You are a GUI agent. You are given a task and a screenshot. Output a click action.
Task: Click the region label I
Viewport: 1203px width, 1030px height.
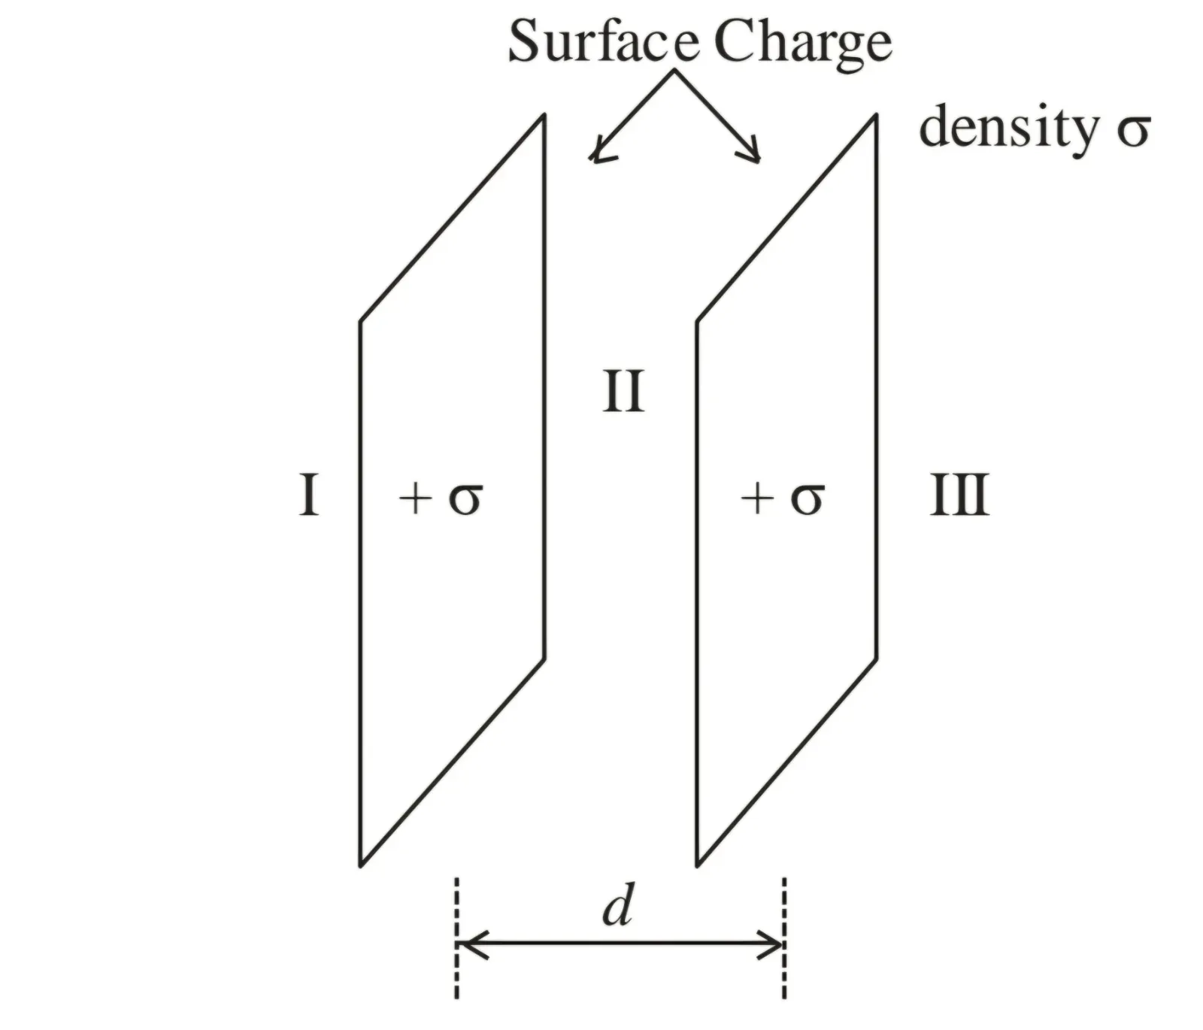(x=308, y=495)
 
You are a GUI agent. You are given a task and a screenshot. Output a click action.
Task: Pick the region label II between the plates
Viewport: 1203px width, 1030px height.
(x=623, y=392)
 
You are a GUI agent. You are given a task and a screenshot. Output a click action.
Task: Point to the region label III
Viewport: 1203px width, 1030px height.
(x=959, y=495)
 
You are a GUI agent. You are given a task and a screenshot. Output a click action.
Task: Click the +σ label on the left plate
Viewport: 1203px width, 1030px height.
(x=441, y=498)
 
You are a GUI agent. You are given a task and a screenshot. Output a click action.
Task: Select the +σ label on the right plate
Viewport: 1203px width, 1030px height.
(x=783, y=498)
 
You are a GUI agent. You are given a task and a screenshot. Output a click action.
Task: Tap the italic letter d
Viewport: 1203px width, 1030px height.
(x=618, y=907)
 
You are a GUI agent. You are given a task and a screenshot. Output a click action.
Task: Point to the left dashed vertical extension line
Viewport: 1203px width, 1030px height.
(x=456, y=938)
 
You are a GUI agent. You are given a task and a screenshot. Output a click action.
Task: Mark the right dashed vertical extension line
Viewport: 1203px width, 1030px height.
(x=784, y=938)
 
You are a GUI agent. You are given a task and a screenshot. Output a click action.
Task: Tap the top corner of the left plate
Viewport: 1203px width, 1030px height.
(x=544, y=115)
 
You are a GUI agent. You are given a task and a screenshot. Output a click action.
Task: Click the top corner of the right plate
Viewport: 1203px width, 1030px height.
(x=876, y=115)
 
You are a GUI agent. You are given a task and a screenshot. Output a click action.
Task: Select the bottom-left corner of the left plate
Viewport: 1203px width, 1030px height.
(x=361, y=865)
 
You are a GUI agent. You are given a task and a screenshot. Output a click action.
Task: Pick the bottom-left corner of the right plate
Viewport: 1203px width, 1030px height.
(x=698, y=865)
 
